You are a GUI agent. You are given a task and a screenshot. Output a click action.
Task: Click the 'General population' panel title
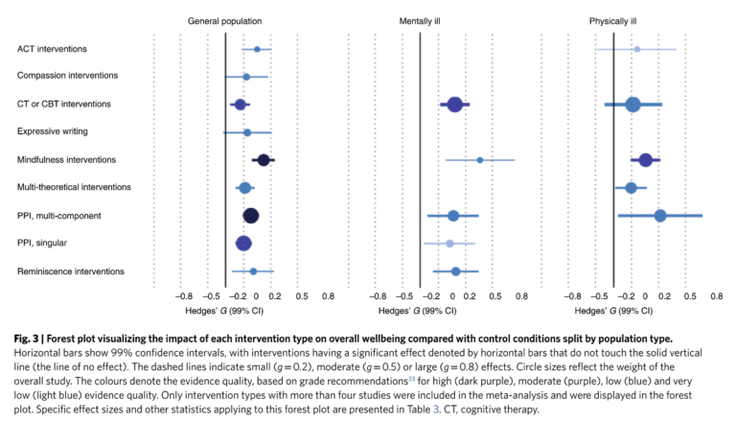click(225, 20)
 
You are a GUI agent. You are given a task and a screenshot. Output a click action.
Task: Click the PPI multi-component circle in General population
click(250, 216)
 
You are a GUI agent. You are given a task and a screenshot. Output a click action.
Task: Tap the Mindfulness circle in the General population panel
click(263, 160)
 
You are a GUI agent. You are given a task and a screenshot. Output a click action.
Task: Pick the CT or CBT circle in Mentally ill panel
click(455, 105)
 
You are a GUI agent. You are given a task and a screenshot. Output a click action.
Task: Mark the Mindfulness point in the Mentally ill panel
click(480, 160)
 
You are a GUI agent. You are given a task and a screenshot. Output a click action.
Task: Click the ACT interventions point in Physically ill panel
click(636, 49)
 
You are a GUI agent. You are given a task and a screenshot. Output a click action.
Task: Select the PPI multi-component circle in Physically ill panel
click(660, 216)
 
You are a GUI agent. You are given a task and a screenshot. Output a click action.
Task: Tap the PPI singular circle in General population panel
click(243, 244)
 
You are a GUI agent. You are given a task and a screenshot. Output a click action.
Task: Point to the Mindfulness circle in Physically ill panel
click(646, 160)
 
